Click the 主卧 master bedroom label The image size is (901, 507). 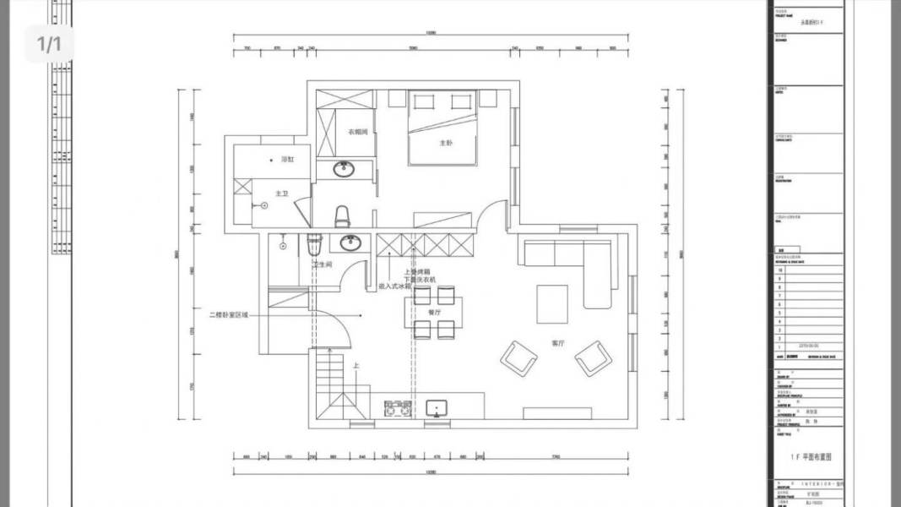(x=446, y=143)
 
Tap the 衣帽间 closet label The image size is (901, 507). (x=361, y=132)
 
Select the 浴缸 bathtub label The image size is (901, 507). (x=287, y=159)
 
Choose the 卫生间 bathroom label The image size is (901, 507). (x=323, y=264)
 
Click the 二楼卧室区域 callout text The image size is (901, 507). (x=229, y=314)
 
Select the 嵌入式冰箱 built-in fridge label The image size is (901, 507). (x=394, y=286)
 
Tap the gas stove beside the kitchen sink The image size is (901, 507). (x=397, y=408)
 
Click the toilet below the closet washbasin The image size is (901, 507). (x=342, y=215)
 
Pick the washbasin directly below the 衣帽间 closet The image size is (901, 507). (x=344, y=169)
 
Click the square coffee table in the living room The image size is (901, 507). (x=552, y=303)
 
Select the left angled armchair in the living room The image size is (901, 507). (x=518, y=358)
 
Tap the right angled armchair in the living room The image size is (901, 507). (x=594, y=358)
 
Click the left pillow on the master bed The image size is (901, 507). (x=421, y=101)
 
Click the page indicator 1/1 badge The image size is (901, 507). (x=49, y=43)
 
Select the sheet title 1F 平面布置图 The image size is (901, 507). (x=810, y=455)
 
